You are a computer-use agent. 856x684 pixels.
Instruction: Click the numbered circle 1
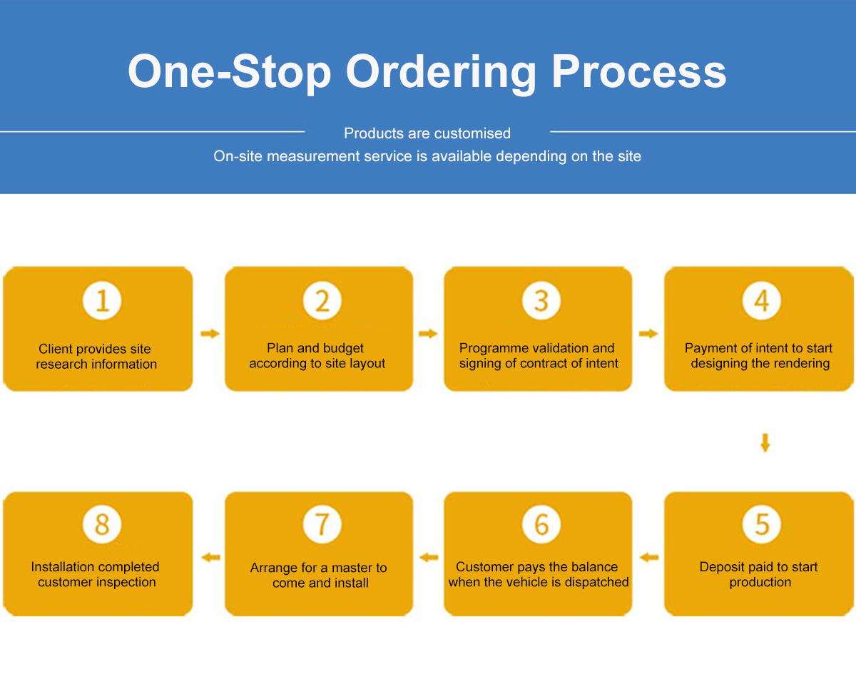[x=102, y=301]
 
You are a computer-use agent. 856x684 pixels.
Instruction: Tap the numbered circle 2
[x=322, y=301]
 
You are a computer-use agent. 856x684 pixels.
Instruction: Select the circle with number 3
[x=541, y=301]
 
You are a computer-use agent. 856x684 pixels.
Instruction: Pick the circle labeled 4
[x=761, y=301]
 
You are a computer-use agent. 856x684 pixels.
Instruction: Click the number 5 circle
[x=761, y=524]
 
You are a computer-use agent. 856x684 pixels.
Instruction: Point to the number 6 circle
[x=541, y=524]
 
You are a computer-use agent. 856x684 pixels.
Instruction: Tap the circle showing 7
[x=322, y=524]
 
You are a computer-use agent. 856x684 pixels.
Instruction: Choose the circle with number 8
[x=102, y=524]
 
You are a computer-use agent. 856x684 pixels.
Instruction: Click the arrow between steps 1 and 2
[x=210, y=333]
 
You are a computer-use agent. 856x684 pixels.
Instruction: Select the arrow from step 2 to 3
[x=428, y=333]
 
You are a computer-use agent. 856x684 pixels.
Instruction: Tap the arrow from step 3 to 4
[x=648, y=333]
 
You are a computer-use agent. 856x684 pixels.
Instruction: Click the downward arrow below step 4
[x=765, y=443]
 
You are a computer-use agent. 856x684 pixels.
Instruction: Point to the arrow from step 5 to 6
[x=649, y=558]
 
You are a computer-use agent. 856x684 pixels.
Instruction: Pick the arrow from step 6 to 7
[x=429, y=558]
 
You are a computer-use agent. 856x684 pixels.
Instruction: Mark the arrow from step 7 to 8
[x=211, y=558]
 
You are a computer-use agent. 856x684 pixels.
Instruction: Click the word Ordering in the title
[x=441, y=74]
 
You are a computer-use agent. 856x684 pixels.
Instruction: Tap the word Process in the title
[x=639, y=71]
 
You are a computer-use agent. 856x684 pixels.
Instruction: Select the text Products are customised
[x=427, y=133]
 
